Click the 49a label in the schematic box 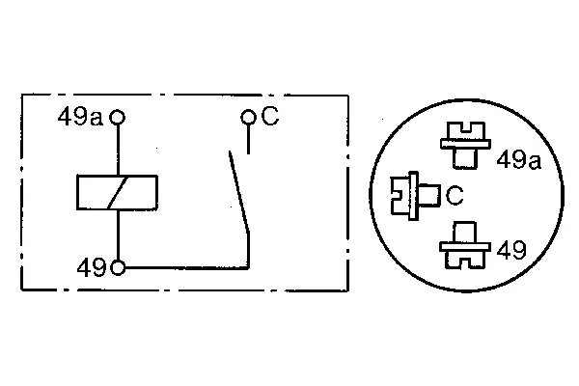(80, 117)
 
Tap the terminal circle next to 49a (118, 118)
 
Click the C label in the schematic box (270, 116)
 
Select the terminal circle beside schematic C (248, 118)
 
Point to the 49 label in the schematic (92, 267)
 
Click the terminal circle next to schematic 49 (118, 267)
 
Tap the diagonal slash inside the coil (118, 193)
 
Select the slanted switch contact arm (239, 192)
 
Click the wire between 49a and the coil (118, 150)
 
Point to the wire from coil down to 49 (118, 235)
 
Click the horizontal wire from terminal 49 (187, 267)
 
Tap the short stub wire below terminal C (248, 139)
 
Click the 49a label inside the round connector (519, 160)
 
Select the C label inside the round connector (455, 195)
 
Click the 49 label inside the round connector (511, 250)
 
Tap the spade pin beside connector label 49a (466, 145)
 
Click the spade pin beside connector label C (415, 196)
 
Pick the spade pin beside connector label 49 (465, 245)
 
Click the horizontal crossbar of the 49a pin (466, 144)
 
